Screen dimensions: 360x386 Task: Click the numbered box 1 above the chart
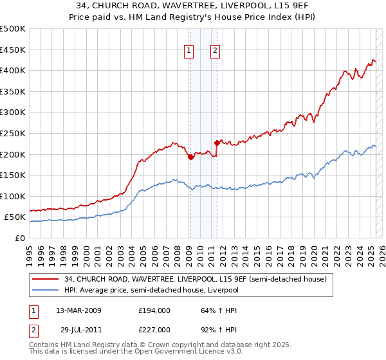(x=190, y=51)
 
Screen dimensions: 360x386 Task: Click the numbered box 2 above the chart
(x=215, y=51)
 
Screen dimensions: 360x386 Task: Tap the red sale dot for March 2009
(x=190, y=157)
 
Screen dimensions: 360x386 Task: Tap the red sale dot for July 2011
(x=217, y=143)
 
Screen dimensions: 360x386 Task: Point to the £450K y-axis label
(x=13, y=50)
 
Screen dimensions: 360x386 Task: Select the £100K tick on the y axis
(x=13, y=196)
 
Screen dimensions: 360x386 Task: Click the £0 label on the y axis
(x=20, y=238)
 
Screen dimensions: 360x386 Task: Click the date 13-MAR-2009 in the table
(x=78, y=310)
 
